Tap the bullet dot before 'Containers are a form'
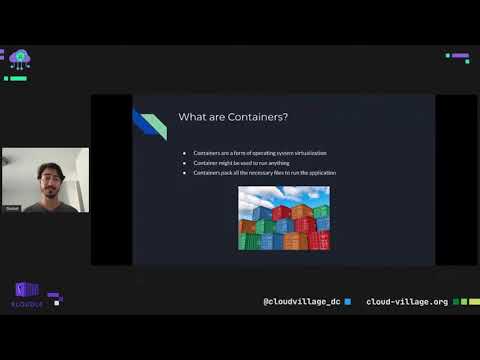tap(184, 153)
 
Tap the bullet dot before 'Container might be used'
tap(184, 163)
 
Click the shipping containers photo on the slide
tap(283, 217)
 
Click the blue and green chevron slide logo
tap(149, 123)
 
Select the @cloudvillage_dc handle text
tap(301, 301)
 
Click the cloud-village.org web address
tap(407, 301)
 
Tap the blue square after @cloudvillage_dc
tap(347, 301)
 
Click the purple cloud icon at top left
tap(19, 59)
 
